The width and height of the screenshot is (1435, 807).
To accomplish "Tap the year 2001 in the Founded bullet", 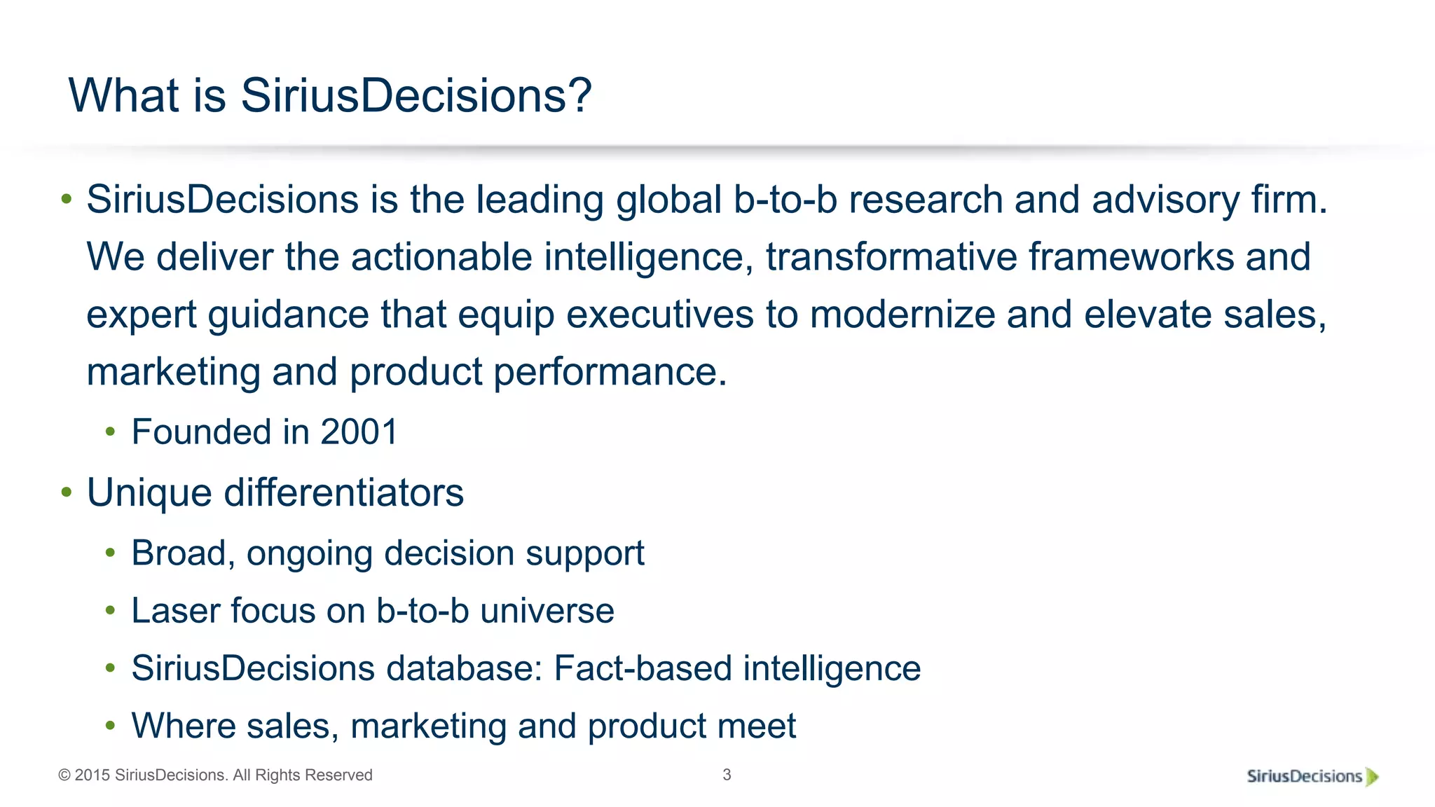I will click(x=359, y=432).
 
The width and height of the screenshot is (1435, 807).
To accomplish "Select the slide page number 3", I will click(x=727, y=775).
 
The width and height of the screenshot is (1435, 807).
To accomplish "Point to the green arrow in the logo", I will click(x=1372, y=776).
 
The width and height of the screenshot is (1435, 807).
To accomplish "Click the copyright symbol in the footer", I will click(x=64, y=775).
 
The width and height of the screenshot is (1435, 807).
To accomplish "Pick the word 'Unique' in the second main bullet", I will click(x=149, y=493).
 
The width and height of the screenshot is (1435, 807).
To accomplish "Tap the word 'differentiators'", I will click(x=343, y=492).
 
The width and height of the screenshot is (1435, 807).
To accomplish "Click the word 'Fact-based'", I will click(x=642, y=668).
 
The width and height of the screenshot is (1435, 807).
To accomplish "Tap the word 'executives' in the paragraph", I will click(x=659, y=314).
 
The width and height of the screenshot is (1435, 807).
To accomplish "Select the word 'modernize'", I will click(x=902, y=314).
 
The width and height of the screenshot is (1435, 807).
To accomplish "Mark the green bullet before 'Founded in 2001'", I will click(x=110, y=432).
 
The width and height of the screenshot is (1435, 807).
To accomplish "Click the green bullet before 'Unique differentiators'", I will click(x=67, y=492).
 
